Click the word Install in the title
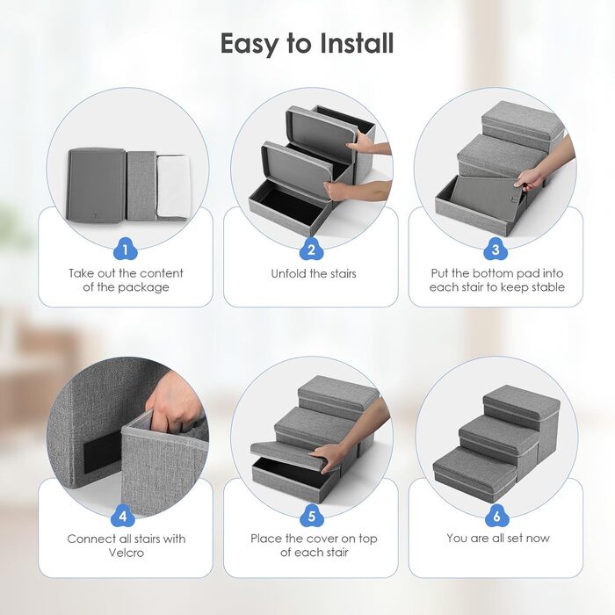[357, 43]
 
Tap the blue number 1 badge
[125, 250]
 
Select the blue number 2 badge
[311, 250]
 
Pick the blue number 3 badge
[496, 250]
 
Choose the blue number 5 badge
[311, 516]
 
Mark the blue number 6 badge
[497, 516]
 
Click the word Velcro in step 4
[127, 553]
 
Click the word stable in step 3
[548, 287]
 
